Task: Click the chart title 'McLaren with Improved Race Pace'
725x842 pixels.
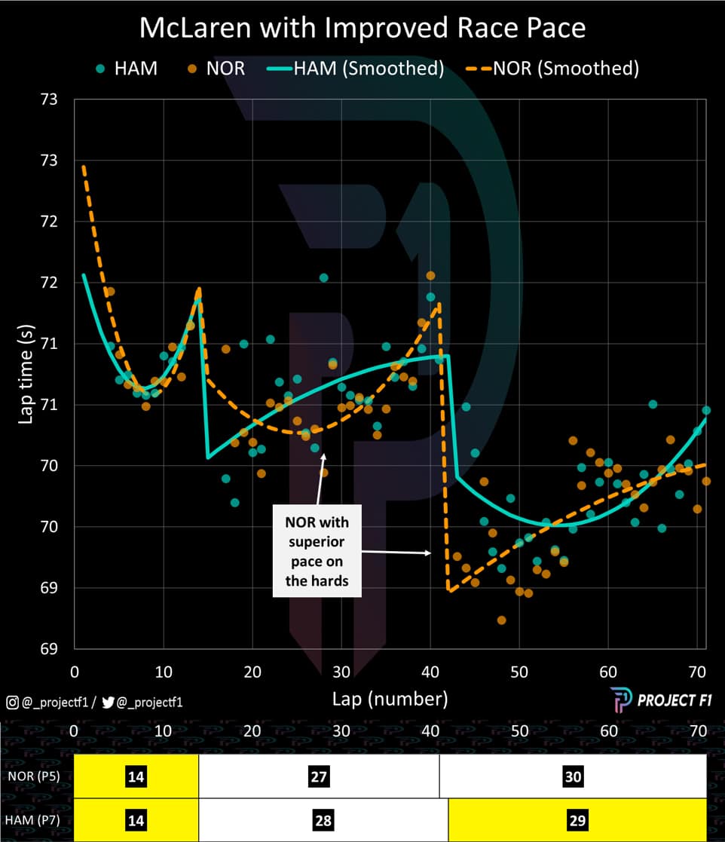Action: click(x=362, y=28)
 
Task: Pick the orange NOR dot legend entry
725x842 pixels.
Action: click(x=216, y=68)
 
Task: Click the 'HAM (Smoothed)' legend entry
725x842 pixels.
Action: click(x=355, y=68)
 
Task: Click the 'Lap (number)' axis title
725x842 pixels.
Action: click(x=390, y=699)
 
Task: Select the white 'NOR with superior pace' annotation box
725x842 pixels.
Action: click(x=317, y=551)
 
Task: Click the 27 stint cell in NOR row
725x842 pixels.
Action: click(x=319, y=776)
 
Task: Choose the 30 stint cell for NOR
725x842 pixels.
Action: click(x=573, y=776)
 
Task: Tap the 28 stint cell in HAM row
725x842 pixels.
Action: click(x=323, y=820)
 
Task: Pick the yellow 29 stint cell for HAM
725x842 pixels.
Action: click(x=577, y=820)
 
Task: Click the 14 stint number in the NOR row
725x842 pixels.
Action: click(x=136, y=776)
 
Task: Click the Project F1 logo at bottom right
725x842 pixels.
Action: click(x=653, y=700)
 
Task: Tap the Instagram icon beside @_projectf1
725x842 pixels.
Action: click(x=12, y=703)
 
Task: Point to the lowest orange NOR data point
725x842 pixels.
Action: click(x=501, y=620)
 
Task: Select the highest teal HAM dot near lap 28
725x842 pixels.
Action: click(x=323, y=277)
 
